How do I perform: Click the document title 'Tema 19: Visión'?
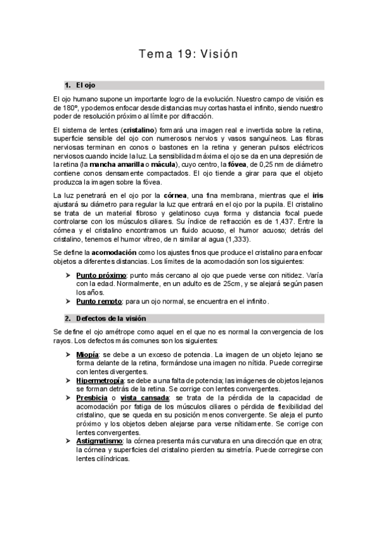(x=188, y=54)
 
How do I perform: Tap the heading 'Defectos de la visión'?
(x=111, y=318)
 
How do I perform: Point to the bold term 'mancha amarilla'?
(x=96, y=164)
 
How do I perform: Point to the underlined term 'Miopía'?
(x=87, y=355)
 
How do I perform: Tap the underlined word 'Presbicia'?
(x=92, y=398)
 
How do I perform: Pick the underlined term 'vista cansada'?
(x=144, y=398)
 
